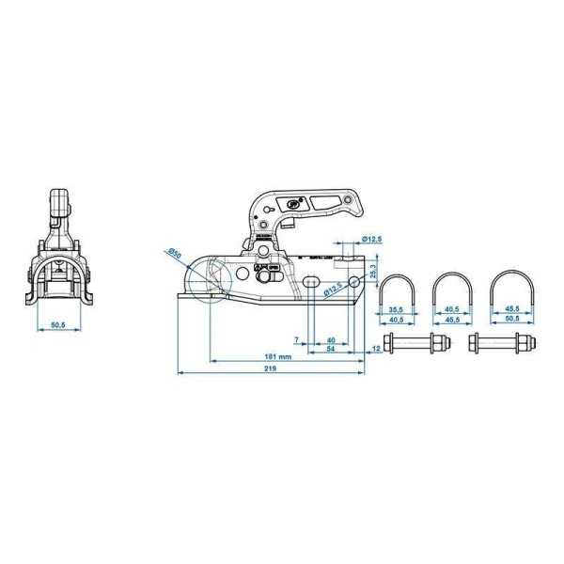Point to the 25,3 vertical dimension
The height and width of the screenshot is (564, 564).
[x=372, y=274]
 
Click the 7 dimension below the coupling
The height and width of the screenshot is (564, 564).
[x=297, y=339]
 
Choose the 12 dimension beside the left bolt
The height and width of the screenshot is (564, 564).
[x=377, y=349]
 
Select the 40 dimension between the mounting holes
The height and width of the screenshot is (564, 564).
[x=331, y=339]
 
